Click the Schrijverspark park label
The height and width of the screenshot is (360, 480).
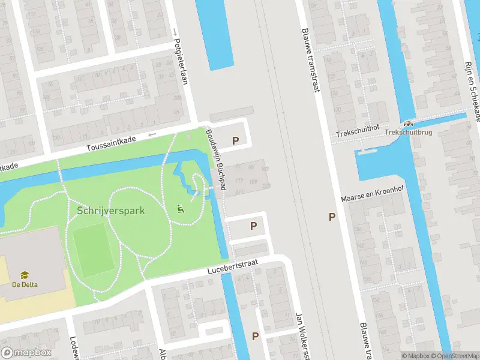pyautogui.click(x=111, y=211)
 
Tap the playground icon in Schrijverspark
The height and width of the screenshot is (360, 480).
pyautogui.click(x=179, y=209)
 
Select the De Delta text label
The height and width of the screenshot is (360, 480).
pyautogui.click(x=25, y=284)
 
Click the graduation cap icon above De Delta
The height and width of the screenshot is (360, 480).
pyautogui.click(x=25, y=275)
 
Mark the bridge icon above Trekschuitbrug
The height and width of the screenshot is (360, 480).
pyautogui.click(x=408, y=122)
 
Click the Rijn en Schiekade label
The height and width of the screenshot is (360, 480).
pyautogui.click(x=472, y=90)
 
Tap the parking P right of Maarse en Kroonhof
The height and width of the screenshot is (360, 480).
pyautogui.click(x=332, y=217)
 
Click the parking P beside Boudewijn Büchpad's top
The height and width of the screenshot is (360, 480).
pyautogui.click(x=236, y=141)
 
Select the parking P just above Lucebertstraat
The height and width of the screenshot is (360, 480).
pyautogui.click(x=254, y=226)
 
